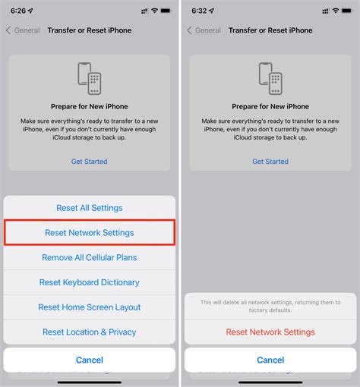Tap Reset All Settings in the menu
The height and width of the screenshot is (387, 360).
(90, 208)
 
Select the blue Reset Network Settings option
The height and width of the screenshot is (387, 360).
(90, 232)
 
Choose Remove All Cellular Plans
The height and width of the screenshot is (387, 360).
(90, 257)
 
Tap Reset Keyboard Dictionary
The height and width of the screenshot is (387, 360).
(90, 282)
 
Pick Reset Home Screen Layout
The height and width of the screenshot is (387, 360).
(90, 307)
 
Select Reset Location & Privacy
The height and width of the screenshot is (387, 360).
(90, 332)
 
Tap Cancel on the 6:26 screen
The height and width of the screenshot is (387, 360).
(90, 360)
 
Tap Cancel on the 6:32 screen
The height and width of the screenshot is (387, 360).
(270, 360)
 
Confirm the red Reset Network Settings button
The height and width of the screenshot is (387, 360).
(270, 332)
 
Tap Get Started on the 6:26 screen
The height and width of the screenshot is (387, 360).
(90, 162)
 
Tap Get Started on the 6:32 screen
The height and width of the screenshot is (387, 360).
(270, 162)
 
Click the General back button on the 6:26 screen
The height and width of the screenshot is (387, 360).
(23, 30)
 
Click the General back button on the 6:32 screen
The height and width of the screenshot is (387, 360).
(204, 30)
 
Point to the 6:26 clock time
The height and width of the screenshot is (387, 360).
(18, 10)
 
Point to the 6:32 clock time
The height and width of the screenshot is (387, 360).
(200, 10)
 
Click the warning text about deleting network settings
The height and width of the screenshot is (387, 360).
(270, 307)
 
